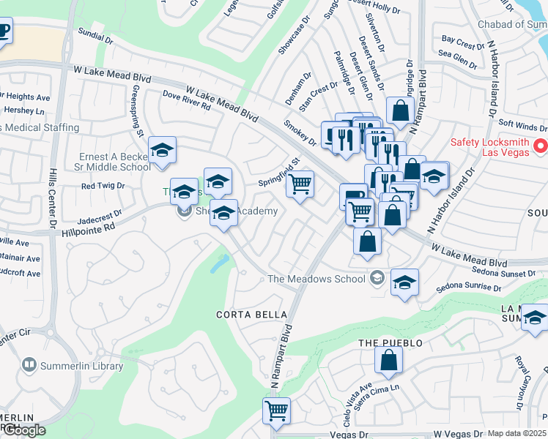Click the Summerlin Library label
pos(72,365)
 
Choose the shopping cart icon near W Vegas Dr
pos(277,410)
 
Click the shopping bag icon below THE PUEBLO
pos(388,359)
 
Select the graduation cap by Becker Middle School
pos(162,151)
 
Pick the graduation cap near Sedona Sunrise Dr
pos(404,282)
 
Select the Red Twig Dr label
pos(103,186)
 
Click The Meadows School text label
pos(316,278)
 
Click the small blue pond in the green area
pos(220,263)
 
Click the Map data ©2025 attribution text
pos(517,433)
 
